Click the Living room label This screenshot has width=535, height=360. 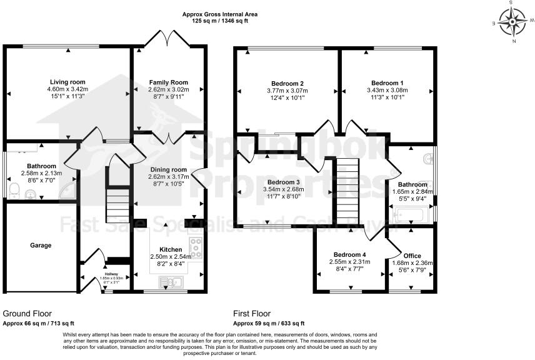67,82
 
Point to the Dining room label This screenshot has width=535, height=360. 168,169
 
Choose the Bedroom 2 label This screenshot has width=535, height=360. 287,83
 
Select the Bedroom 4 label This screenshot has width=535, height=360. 349,254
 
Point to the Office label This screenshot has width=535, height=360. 412,256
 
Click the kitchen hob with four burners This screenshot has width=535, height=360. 196,249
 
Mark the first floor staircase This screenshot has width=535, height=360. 348,191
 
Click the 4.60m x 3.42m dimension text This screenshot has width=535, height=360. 67,89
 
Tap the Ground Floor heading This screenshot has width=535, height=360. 27,313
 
